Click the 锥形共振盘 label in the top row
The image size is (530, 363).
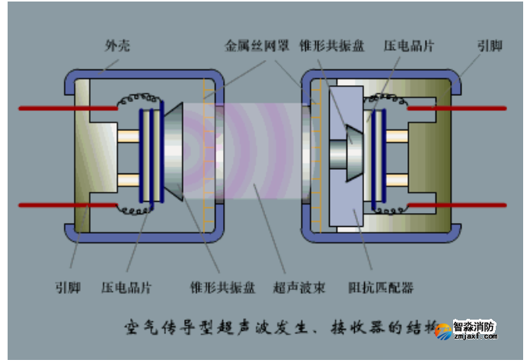332,46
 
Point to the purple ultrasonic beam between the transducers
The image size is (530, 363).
259,156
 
